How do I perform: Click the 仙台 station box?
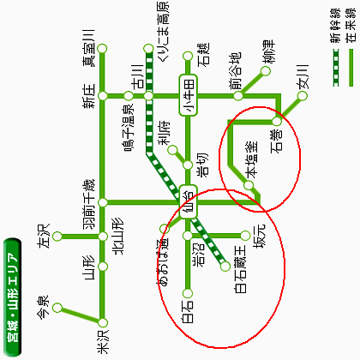(x=189, y=202)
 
